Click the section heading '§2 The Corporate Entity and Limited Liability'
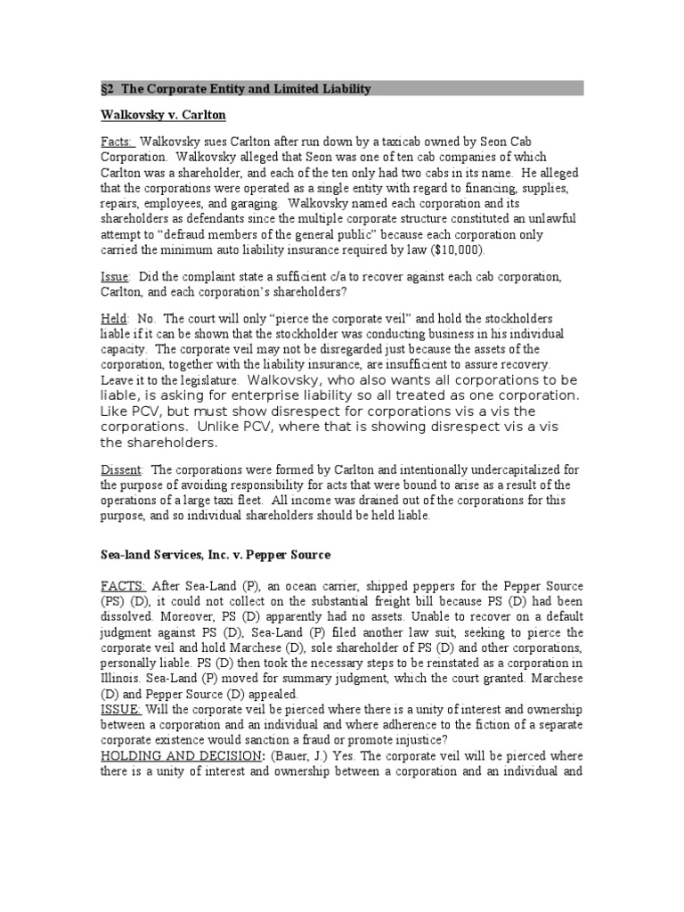(234, 89)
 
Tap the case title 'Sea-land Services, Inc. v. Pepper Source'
(215, 555)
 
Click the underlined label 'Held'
(114, 318)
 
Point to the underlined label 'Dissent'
(121, 469)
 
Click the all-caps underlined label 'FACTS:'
(124, 586)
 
